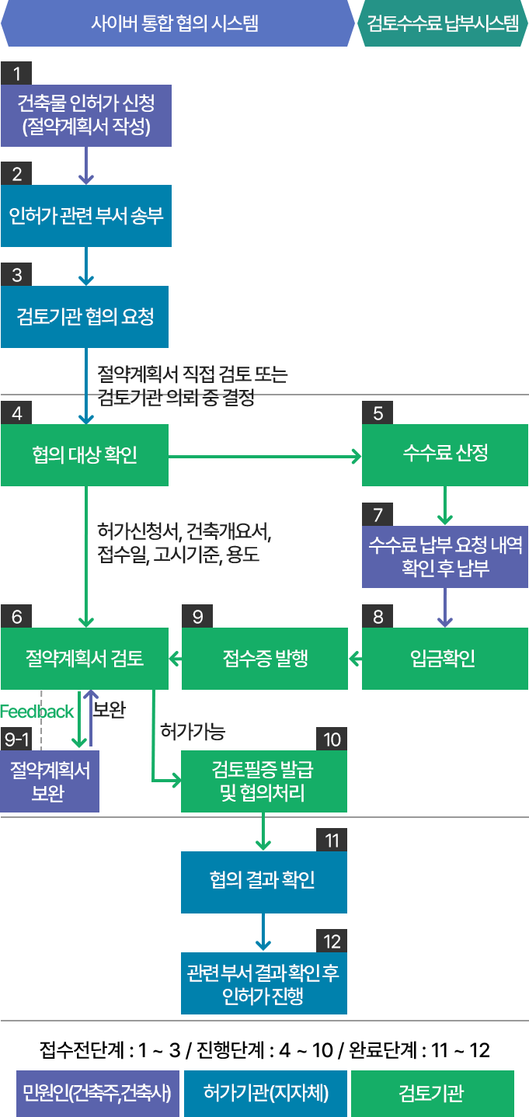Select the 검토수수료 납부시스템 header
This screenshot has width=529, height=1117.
click(443, 23)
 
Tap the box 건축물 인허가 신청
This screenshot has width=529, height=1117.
click(85, 115)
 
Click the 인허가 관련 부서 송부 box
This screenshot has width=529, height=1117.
click(85, 215)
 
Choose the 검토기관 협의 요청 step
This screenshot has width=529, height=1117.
click(85, 316)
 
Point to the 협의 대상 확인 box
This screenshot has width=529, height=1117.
click(85, 455)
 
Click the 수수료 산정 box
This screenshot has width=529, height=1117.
click(445, 455)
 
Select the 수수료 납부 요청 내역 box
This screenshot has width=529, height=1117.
click(445, 556)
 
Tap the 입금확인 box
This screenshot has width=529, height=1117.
click(445, 659)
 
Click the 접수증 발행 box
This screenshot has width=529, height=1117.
click(265, 659)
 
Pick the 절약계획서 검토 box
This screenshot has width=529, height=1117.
click(85, 659)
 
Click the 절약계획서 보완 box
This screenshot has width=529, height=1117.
click(50, 781)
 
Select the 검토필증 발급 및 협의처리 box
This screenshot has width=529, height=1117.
click(264, 781)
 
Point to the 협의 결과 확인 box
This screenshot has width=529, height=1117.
click(263, 882)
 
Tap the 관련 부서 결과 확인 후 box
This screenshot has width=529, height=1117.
click(263, 983)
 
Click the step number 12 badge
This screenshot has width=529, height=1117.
click(332, 941)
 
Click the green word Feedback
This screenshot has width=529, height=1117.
click(37, 711)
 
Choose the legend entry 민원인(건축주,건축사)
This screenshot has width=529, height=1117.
click(98, 1093)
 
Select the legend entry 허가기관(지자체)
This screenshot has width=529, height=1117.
click(265, 1093)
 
